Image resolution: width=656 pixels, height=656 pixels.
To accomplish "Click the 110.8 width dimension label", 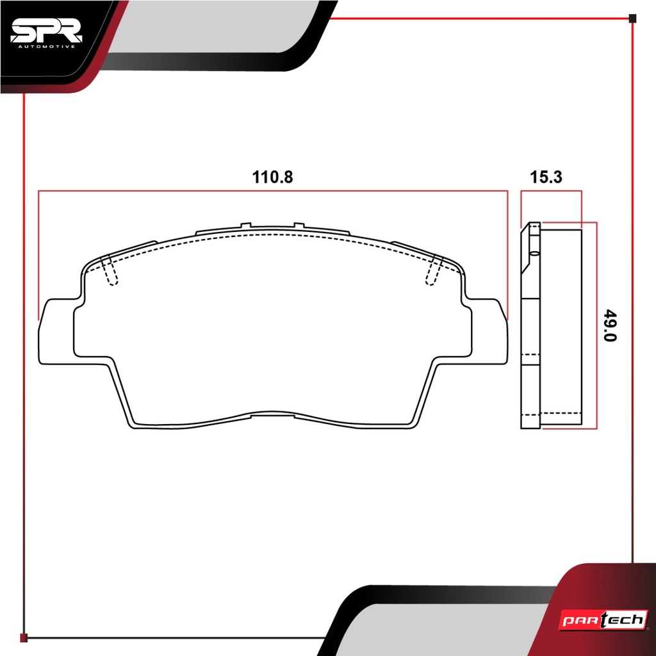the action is click(272, 177).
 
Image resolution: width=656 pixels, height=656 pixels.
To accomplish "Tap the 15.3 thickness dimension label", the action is click(546, 177).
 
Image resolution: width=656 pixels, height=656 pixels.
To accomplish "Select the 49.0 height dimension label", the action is click(611, 325).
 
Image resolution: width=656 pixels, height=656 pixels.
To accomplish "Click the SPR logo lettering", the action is click(46, 31).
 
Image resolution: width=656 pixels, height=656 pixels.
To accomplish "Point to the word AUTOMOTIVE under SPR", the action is click(46, 46).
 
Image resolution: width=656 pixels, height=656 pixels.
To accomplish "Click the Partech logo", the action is click(603, 619).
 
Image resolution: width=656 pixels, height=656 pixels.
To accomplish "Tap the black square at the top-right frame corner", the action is click(632, 19).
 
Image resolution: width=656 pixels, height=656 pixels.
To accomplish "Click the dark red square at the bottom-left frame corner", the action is click(24, 637).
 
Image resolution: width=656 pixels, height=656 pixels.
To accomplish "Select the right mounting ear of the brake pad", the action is click(488, 331).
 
